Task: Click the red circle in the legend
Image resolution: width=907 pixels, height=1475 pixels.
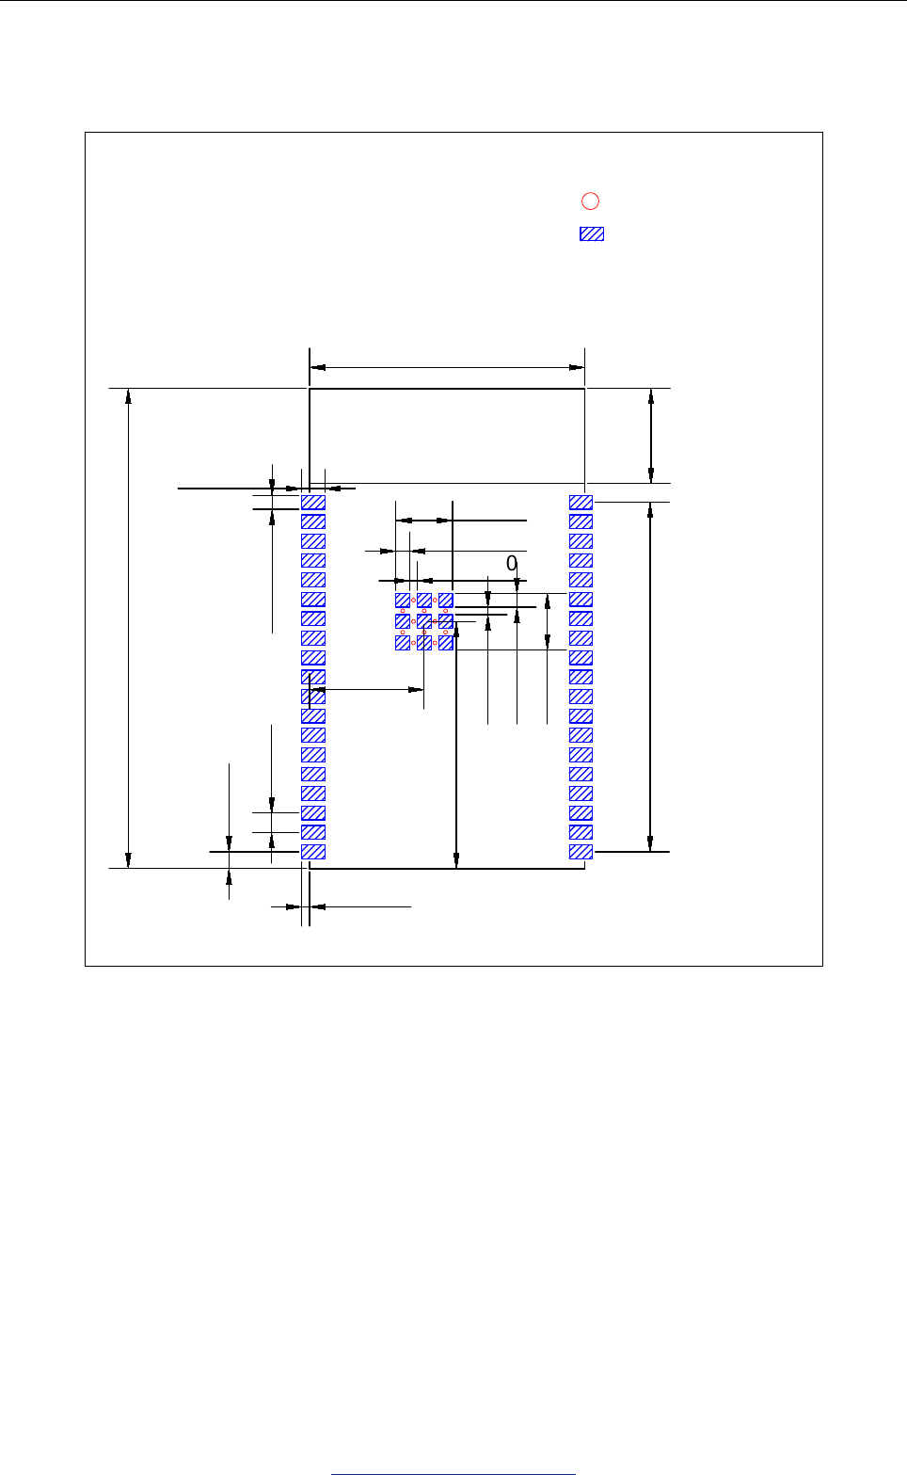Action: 590,200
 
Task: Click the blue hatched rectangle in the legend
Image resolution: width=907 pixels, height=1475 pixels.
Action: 592,234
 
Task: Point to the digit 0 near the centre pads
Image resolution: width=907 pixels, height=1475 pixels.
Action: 512,564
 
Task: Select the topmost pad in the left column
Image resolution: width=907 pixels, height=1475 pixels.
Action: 313,503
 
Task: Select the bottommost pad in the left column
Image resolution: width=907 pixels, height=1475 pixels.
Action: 313,852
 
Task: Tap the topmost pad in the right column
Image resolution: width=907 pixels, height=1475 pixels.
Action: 581,503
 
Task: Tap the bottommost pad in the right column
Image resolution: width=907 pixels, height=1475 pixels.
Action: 581,852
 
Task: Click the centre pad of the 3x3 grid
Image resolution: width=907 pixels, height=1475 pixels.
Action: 424,621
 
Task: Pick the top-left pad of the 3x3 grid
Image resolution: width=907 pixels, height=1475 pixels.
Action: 403,601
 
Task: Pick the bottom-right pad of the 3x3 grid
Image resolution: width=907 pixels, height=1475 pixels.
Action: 446,643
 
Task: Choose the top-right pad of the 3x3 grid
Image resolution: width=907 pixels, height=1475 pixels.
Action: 446,601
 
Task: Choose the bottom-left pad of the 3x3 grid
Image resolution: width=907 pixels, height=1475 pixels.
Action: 403,643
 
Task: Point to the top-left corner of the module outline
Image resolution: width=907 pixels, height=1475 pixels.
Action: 310,388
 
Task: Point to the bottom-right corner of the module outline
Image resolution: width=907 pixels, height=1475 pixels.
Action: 585,868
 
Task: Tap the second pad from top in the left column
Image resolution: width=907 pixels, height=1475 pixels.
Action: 313,521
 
